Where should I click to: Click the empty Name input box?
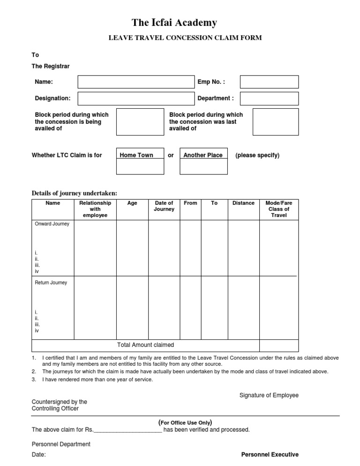tap(135, 82)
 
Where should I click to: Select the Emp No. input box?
tap(269, 82)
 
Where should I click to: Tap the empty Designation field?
tap(135, 98)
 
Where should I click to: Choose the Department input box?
tap(269, 98)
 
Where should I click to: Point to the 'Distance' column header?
tap(243, 203)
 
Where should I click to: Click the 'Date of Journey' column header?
tap(164, 206)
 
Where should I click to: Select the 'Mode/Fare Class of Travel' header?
tap(278, 209)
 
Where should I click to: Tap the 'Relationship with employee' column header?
tap(95, 209)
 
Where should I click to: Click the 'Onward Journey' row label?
tap(52, 224)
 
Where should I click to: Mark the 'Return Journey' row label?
tap(51, 283)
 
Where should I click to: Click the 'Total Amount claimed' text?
tap(145, 345)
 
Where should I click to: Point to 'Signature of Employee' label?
tap(269, 395)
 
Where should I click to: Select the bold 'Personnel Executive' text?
tap(270, 454)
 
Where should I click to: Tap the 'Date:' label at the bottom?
tap(38, 455)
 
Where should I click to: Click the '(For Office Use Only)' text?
tap(186, 422)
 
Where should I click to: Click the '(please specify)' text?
tap(257, 155)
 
